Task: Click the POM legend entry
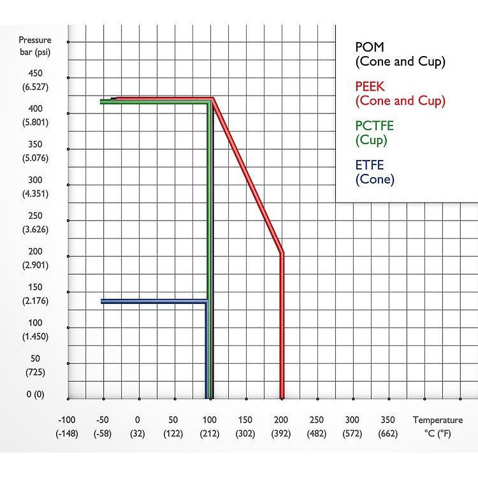click(x=400, y=54)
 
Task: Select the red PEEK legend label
click(x=400, y=93)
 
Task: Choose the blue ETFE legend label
click(x=375, y=172)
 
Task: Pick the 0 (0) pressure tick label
click(x=36, y=395)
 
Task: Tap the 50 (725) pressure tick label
click(x=36, y=364)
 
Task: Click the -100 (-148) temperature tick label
click(x=67, y=426)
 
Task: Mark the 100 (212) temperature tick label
click(x=210, y=426)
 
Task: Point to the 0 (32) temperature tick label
click(x=138, y=426)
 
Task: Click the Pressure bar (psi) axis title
click(x=34, y=45)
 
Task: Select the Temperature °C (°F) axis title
click(x=437, y=426)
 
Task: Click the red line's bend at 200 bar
click(x=282, y=253)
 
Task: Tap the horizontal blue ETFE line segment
click(x=153, y=301)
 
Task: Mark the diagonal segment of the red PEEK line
click(x=247, y=175)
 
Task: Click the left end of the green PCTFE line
click(x=102, y=101)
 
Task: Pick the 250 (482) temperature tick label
click(x=317, y=426)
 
